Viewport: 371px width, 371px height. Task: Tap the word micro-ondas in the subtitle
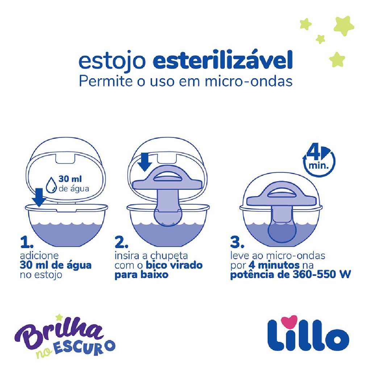(x=249, y=82)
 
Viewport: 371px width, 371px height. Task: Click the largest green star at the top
(x=344, y=26)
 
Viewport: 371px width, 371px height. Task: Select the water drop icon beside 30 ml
(x=51, y=184)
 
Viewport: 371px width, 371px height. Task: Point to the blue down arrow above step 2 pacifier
(x=145, y=162)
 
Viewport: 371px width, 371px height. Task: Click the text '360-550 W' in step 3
(x=322, y=275)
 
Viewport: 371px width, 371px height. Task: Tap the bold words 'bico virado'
(x=174, y=265)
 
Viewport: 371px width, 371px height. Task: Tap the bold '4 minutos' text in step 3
(x=274, y=265)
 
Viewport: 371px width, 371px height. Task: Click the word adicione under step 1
(x=39, y=256)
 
